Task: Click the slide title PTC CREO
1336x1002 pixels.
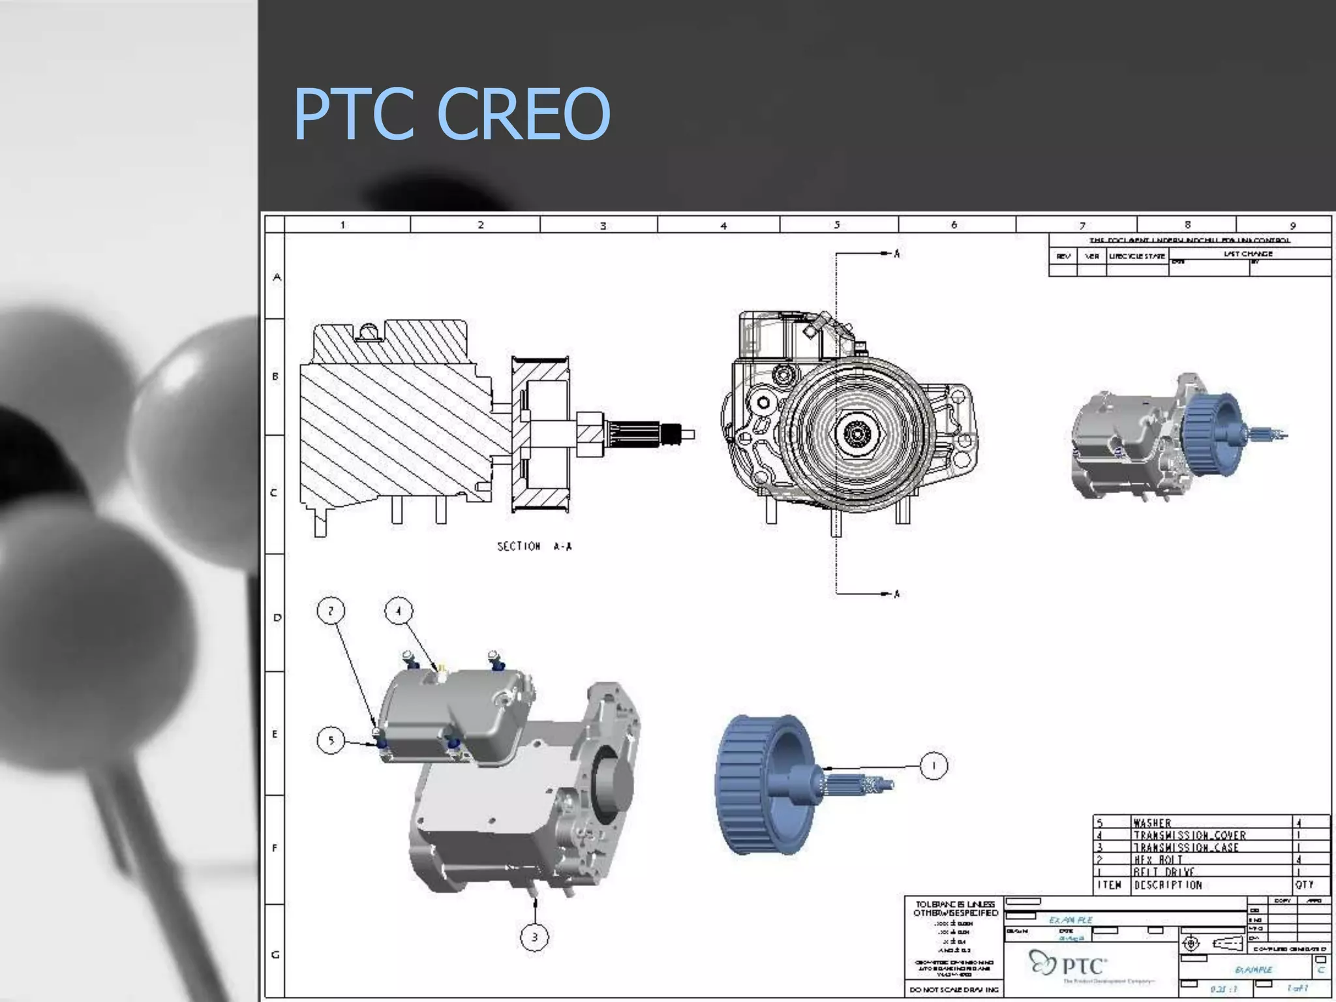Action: click(451, 114)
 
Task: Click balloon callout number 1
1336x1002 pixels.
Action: click(934, 765)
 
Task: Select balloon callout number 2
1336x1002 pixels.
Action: click(331, 611)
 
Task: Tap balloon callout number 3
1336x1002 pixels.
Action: click(534, 937)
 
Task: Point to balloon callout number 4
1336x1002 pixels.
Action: click(399, 611)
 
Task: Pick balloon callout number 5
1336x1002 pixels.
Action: click(331, 740)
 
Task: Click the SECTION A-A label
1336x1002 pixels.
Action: click(534, 547)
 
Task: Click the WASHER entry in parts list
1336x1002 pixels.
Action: click(1152, 823)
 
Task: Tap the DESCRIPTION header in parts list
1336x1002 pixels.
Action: click(1168, 885)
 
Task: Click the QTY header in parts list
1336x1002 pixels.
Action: click(1304, 885)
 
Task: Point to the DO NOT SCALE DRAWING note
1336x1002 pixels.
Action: click(954, 990)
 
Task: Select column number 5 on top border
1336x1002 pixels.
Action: click(837, 225)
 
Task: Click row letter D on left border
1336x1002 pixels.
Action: click(277, 617)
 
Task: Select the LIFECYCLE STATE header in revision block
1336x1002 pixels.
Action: click(1137, 256)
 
